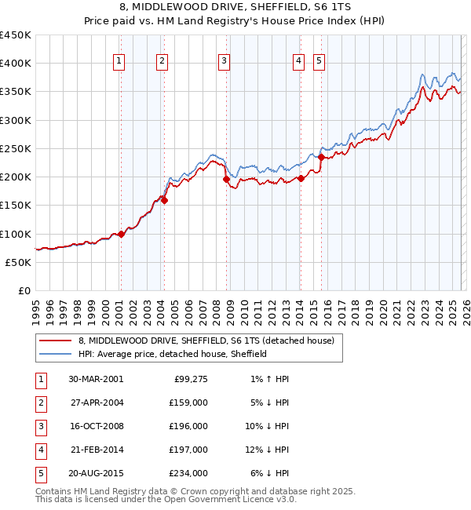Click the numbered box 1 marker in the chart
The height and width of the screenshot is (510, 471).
tap(119, 61)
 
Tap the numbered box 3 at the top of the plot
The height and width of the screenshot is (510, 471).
tap(224, 61)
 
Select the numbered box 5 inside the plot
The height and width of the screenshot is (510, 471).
tap(319, 61)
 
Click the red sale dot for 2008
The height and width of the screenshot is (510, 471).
tap(227, 180)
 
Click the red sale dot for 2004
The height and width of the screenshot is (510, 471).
tap(165, 200)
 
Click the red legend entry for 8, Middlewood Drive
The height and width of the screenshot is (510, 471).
tap(206, 341)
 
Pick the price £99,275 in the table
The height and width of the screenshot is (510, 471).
tap(189, 379)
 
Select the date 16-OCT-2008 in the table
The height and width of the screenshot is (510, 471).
tap(97, 426)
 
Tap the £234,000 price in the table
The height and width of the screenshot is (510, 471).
tap(189, 473)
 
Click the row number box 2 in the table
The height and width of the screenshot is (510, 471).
tap(38, 403)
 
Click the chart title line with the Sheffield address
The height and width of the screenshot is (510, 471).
tap(235, 7)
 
